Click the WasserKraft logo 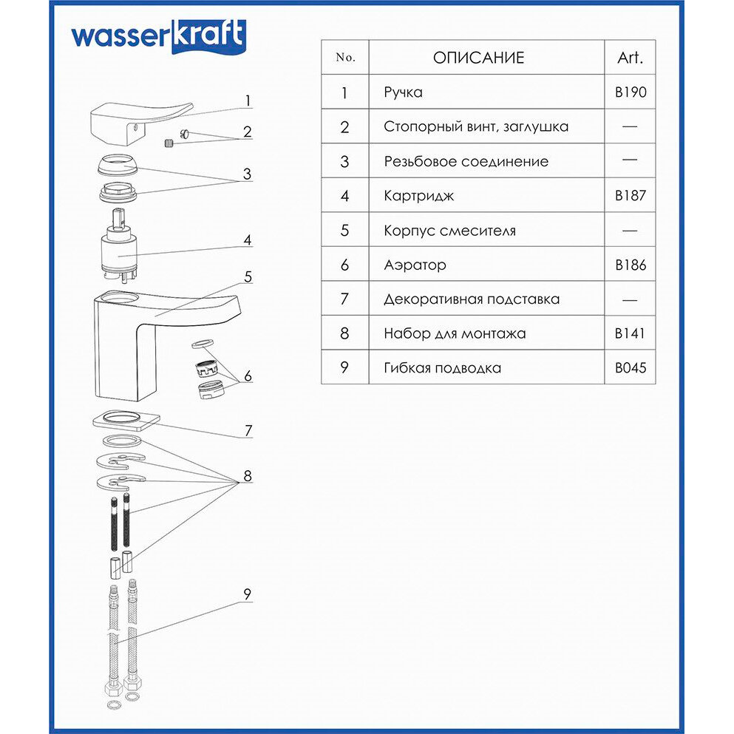tap(157, 36)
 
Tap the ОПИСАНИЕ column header tap(478, 58)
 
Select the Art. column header tap(630, 58)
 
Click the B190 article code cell tap(630, 92)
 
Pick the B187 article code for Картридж tap(630, 196)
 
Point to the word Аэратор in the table tap(415, 265)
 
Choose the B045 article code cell tap(630, 367)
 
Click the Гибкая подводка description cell tap(442, 367)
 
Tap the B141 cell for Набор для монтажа tap(630, 333)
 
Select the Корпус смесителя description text tap(449, 231)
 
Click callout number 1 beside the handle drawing tap(248, 101)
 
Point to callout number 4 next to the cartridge tap(248, 240)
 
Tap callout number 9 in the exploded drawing tap(248, 594)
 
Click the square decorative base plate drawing tap(126, 420)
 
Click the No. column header tap(345, 58)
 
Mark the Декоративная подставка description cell tap(472, 299)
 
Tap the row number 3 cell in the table tap(345, 161)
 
